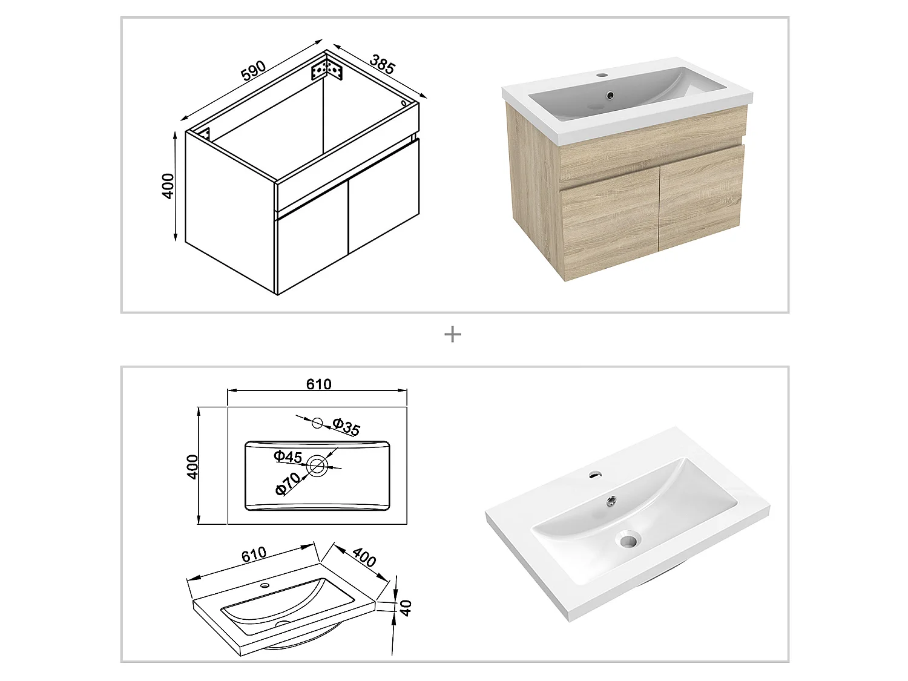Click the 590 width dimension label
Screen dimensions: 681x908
[254, 71]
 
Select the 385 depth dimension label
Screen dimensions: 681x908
[382, 65]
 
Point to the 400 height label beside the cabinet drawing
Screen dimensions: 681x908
[168, 186]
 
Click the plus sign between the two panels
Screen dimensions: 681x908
[453, 334]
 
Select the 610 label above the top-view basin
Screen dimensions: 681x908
[318, 384]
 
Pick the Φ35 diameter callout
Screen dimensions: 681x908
[346, 427]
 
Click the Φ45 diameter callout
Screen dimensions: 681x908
[288, 456]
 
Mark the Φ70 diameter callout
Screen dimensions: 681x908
[288, 484]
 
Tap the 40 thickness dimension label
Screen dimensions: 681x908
[406, 607]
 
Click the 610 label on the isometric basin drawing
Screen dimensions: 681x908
[253, 554]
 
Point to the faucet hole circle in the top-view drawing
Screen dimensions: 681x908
[317, 423]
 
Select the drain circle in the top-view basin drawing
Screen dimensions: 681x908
[317, 466]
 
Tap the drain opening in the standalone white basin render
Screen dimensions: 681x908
[629, 539]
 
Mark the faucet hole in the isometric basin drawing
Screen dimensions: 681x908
[264, 585]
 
